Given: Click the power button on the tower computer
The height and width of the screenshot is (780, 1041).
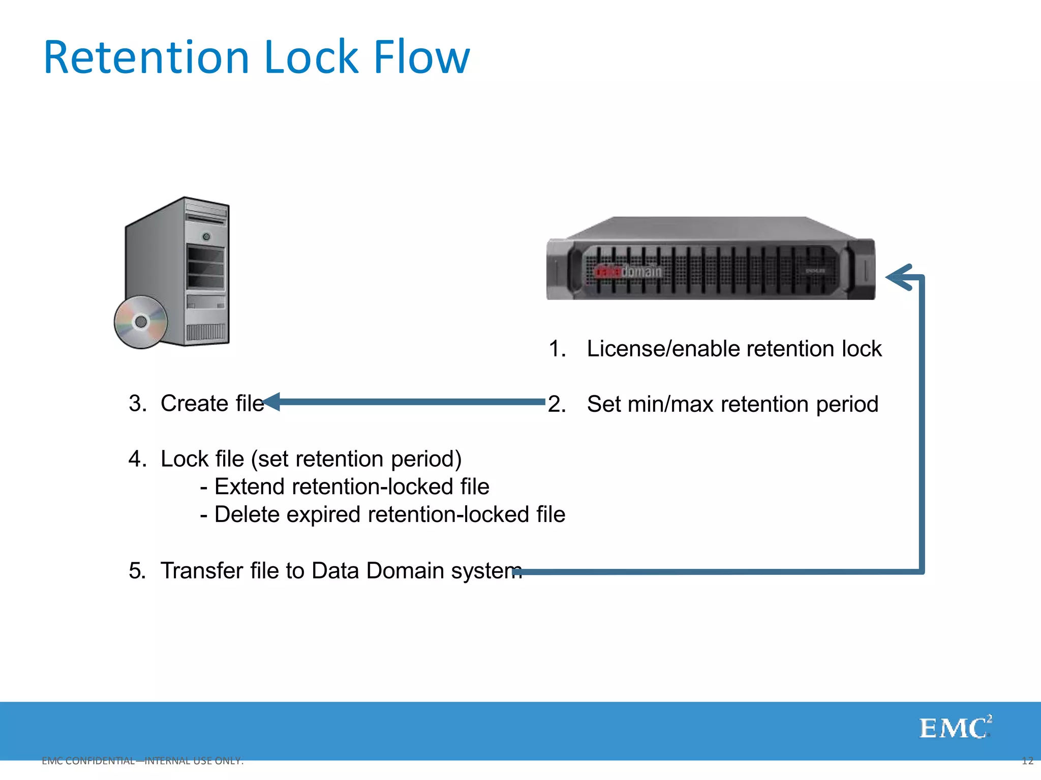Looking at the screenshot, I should pyautogui.click(x=206, y=237).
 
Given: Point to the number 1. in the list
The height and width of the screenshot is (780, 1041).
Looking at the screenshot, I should pyautogui.click(x=557, y=349).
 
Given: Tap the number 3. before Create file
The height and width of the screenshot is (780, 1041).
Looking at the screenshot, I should pyautogui.click(x=137, y=404).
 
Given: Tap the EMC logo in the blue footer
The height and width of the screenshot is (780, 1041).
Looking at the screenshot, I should pyautogui.click(x=955, y=728).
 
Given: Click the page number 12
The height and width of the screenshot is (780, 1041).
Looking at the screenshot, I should pyautogui.click(x=1027, y=761).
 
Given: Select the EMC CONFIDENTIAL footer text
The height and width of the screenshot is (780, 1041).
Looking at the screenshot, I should pyautogui.click(x=142, y=761).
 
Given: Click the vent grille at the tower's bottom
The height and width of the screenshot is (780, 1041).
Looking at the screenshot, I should pyautogui.click(x=205, y=333).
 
